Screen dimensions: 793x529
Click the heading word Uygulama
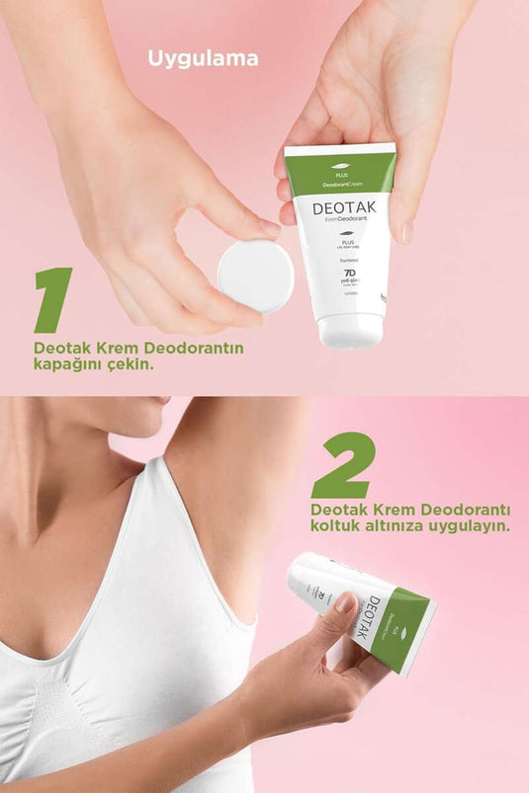[x=203, y=58]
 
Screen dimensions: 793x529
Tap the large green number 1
[x=52, y=299]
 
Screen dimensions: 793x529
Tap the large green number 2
[x=344, y=465]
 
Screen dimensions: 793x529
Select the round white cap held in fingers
[x=255, y=276]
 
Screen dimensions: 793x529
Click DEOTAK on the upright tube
[x=340, y=211]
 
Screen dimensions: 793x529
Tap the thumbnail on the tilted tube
[x=345, y=601]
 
